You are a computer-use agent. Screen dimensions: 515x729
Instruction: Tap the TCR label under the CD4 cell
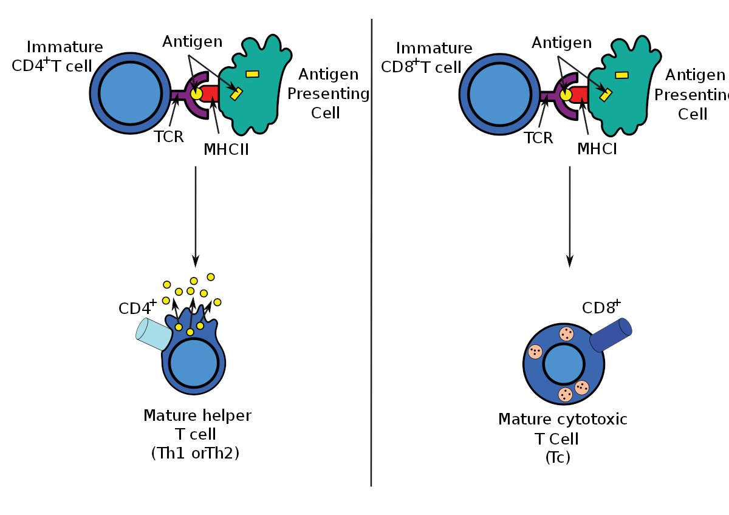(x=168, y=137)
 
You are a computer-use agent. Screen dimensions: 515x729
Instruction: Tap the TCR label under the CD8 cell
(x=538, y=137)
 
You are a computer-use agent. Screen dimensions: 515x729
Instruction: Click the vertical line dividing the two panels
(x=371, y=255)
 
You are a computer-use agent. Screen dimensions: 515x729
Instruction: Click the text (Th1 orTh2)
(x=195, y=453)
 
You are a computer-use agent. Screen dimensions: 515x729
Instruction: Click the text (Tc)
(x=558, y=457)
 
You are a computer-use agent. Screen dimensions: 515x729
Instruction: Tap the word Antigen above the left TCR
(x=193, y=42)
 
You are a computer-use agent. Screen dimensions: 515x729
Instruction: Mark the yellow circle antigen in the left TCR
(x=196, y=94)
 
